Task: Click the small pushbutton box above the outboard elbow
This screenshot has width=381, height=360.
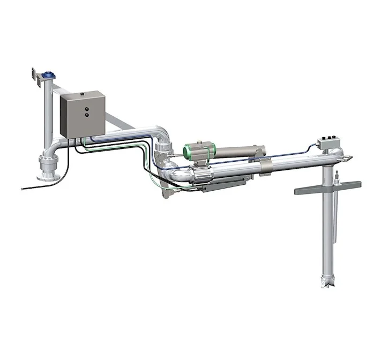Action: click(327, 142)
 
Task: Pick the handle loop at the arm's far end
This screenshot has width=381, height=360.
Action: click(348, 157)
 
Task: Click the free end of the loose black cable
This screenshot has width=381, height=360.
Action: click(21, 188)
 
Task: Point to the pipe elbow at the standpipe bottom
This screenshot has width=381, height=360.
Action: click(56, 147)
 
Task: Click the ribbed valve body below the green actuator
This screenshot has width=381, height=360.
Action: click(199, 172)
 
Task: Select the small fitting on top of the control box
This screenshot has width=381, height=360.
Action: click(82, 93)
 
